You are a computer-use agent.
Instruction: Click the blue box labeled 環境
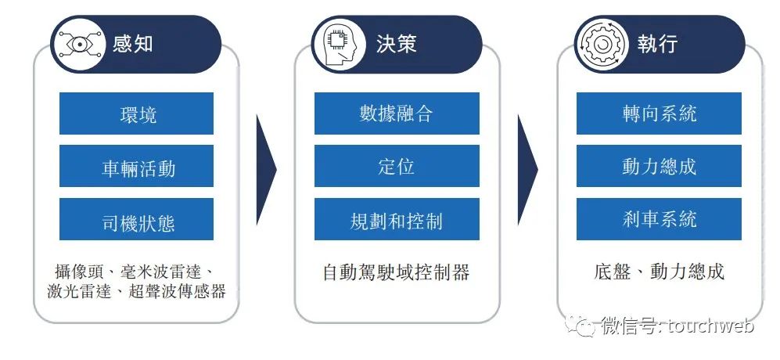137,113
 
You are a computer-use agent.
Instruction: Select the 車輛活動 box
137,167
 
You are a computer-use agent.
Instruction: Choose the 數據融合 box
396,113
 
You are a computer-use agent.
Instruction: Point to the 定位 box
396,167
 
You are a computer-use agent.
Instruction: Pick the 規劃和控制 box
396,219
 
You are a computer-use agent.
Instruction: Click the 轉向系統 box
659,113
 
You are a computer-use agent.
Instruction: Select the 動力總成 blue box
659,167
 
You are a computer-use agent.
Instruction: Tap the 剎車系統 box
659,219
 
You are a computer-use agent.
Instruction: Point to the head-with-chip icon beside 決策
339,44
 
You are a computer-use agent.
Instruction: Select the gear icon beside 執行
601,44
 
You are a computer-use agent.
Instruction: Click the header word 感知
132,43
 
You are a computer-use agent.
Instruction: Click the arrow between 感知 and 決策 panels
266,167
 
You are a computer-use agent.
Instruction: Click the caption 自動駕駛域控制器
396,272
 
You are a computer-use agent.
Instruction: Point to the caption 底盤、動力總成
659,272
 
